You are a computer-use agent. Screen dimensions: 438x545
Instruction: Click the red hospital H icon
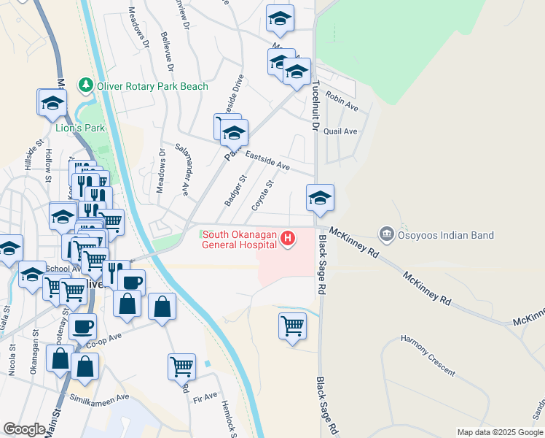coord(289,238)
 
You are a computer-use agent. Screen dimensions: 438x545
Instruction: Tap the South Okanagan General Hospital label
coord(240,239)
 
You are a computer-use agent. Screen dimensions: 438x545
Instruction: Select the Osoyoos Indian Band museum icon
coord(386,234)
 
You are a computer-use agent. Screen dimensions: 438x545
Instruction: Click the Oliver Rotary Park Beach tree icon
coord(87,86)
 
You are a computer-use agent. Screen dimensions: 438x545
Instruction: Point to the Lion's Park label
coord(81,128)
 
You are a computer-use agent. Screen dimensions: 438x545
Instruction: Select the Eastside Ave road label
coord(267,161)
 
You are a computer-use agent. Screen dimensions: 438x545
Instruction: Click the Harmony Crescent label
coord(428,356)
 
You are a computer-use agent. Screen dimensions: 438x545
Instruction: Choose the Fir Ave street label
coord(205,396)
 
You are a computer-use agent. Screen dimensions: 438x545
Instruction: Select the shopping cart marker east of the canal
coord(292,325)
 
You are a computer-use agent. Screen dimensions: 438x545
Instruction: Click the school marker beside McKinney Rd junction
coord(320,198)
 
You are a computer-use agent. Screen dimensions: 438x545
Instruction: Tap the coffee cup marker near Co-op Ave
coord(83,326)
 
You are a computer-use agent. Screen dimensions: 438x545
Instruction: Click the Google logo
coord(24,429)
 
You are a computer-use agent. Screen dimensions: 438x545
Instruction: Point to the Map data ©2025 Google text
coord(499,432)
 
